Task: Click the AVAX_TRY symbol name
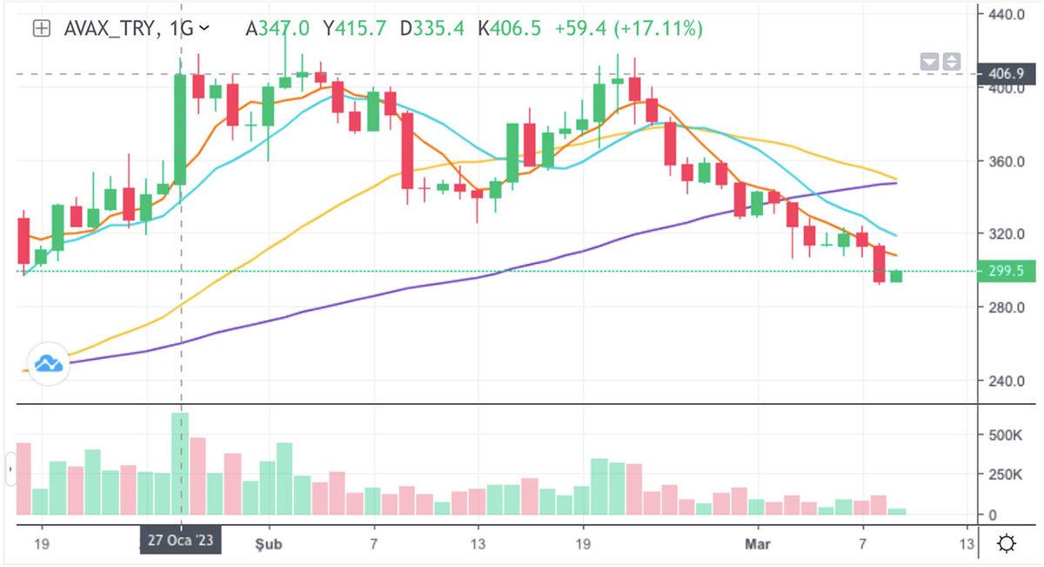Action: click(x=110, y=29)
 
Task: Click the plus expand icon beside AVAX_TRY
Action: click(x=41, y=29)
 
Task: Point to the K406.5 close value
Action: click(x=509, y=29)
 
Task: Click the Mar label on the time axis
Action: click(x=757, y=543)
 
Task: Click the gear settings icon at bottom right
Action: click(x=1007, y=544)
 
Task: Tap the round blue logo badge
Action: click(x=48, y=364)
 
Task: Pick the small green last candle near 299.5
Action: click(x=896, y=277)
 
